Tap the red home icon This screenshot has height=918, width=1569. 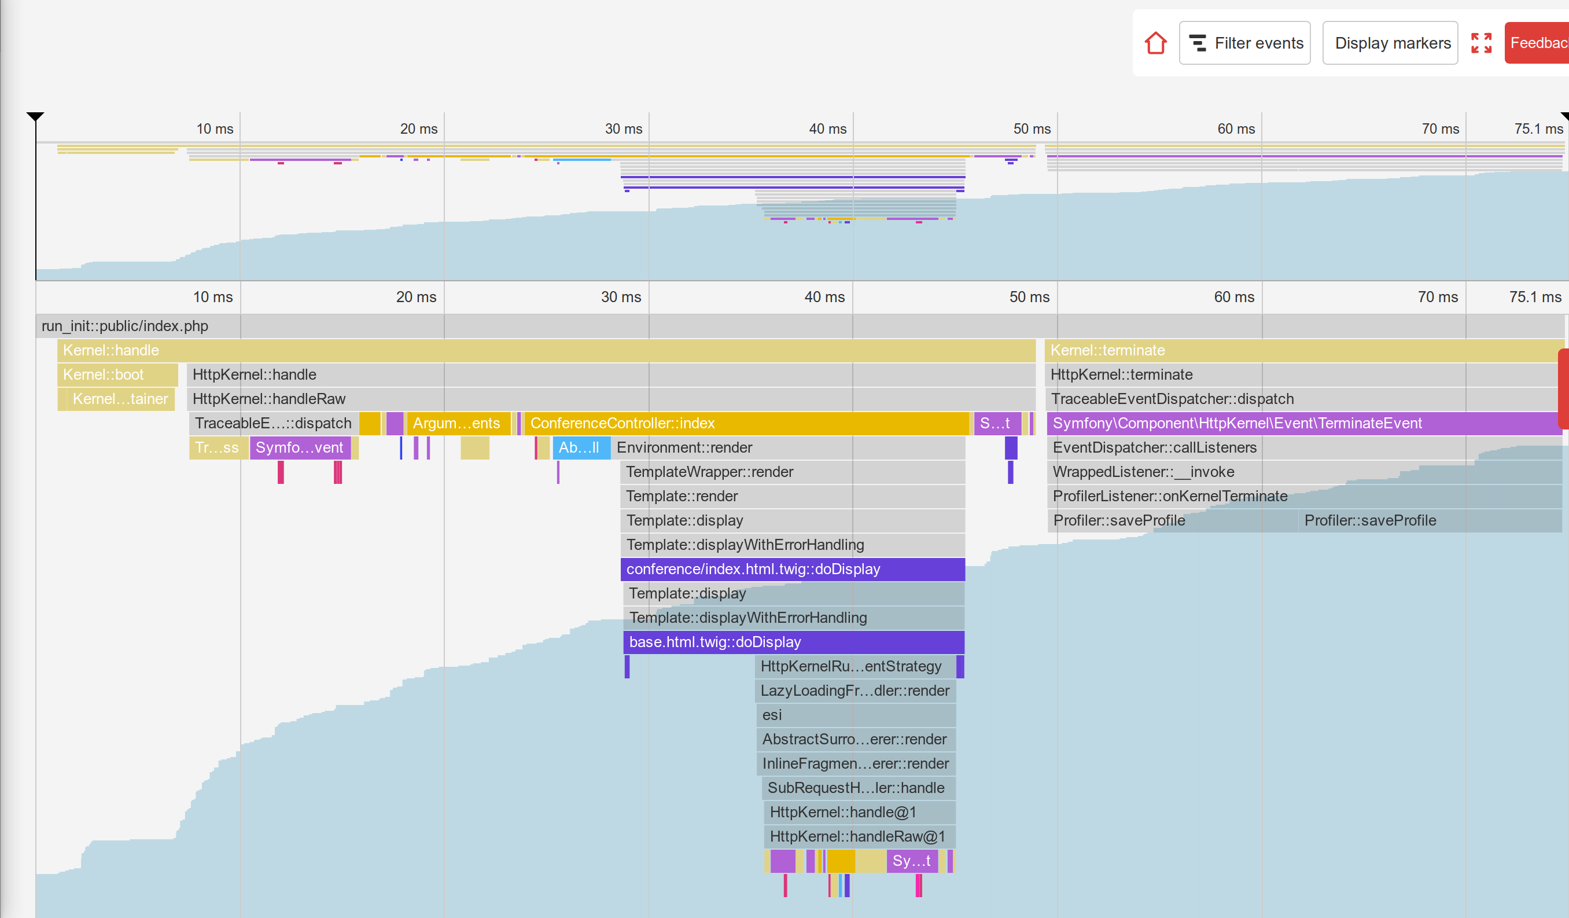point(1155,43)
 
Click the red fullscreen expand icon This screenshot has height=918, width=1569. point(1481,43)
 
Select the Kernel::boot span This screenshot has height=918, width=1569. point(117,374)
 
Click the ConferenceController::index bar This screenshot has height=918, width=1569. point(746,423)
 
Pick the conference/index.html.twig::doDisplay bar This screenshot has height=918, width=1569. point(792,568)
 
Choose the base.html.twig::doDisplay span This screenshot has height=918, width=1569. point(793,641)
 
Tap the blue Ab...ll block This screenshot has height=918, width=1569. point(580,447)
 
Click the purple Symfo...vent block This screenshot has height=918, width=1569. point(300,447)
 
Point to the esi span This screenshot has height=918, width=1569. point(856,714)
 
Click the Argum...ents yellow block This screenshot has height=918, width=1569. point(457,423)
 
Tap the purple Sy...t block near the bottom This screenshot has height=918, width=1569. point(912,860)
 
